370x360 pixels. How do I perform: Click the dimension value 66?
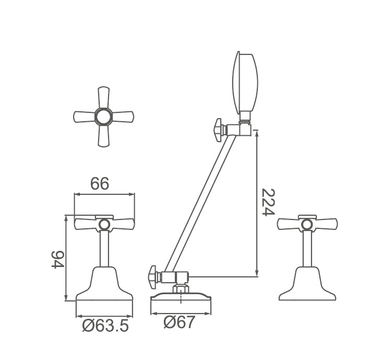coord(100,183)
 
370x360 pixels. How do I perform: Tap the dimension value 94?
coord(58,259)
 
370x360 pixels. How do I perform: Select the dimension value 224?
coord(268,202)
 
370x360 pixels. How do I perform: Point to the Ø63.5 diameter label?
coord(105,326)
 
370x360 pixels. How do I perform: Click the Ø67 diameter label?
coord(180,322)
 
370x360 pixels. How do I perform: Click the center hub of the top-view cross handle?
coord(104,117)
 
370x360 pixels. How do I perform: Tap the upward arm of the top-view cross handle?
coord(104,97)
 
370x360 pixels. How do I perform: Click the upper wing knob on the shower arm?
coord(219,130)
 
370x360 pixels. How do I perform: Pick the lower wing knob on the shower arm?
coord(154,277)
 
